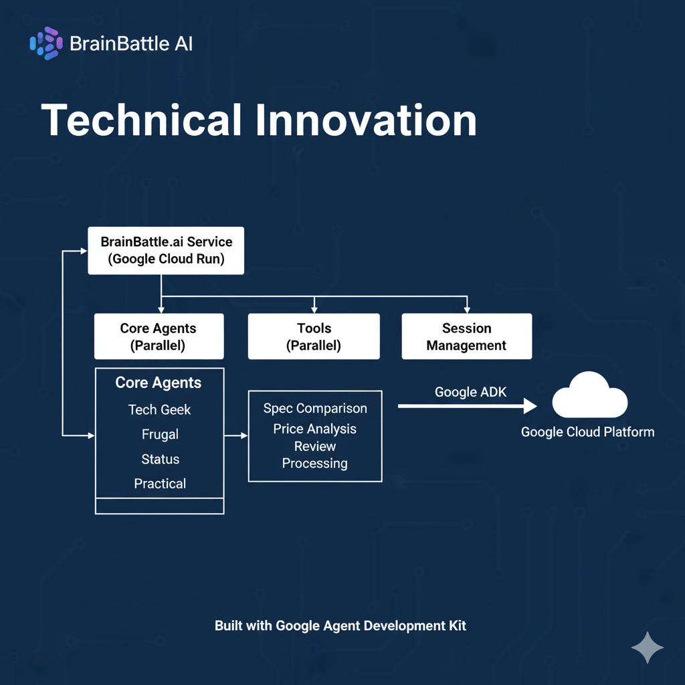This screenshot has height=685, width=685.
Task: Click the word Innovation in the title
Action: [367, 121]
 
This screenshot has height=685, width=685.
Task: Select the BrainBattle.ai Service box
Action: [166, 250]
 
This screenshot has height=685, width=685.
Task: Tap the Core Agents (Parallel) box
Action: [159, 336]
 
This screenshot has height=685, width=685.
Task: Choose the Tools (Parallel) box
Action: [314, 336]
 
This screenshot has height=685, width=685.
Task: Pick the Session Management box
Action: [466, 336]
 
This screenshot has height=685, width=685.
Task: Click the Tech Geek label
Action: [159, 409]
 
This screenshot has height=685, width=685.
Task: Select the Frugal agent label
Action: [160, 434]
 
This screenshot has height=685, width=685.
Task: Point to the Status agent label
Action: [160, 459]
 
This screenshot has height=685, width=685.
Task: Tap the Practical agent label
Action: [160, 483]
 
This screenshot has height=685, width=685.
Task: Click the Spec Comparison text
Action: [315, 408]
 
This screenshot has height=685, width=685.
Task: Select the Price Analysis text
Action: [315, 429]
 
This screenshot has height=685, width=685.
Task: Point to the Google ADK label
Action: [470, 392]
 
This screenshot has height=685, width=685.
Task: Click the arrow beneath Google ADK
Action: [468, 406]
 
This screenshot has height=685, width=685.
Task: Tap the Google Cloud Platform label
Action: [587, 431]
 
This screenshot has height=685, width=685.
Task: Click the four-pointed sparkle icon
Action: [648, 648]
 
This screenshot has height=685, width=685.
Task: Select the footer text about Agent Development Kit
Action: [340, 626]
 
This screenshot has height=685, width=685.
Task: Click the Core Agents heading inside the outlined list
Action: [159, 383]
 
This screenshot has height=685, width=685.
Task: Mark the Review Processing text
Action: [315, 455]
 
